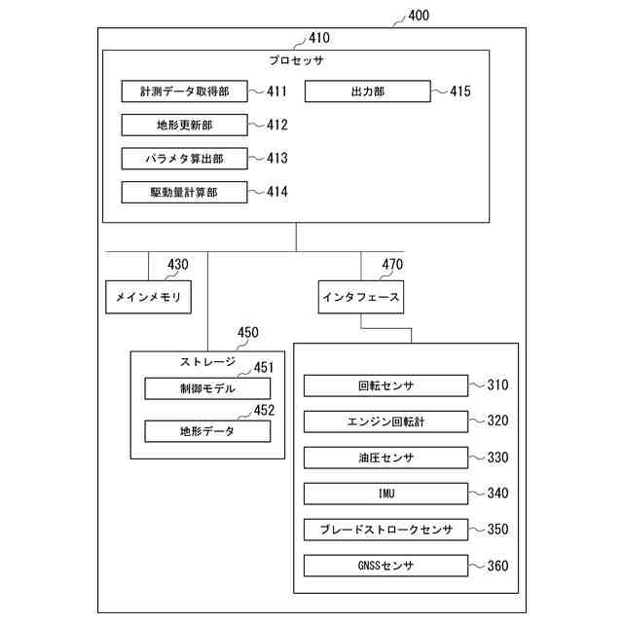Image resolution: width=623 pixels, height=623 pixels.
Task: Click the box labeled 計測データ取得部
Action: (184, 92)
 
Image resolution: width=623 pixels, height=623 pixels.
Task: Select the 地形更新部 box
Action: (184, 126)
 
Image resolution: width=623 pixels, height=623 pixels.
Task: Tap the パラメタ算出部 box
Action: (184, 159)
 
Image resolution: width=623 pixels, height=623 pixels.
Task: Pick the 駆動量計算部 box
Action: (184, 193)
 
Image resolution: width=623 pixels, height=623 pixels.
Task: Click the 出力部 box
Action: (368, 92)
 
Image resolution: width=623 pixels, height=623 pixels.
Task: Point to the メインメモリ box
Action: (148, 297)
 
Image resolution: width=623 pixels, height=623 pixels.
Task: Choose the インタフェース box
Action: (361, 297)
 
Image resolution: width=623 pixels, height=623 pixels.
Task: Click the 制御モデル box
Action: (207, 388)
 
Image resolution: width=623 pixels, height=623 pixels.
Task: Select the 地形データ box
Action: (207, 431)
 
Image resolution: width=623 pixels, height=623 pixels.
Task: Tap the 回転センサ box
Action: (385, 385)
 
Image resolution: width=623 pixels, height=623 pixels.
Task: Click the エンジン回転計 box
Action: (385, 421)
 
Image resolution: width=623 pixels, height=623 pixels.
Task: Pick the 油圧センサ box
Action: (385, 458)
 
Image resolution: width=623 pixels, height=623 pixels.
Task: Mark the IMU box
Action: (385, 494)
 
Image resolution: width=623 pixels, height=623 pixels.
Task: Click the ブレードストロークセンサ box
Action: (385, 530)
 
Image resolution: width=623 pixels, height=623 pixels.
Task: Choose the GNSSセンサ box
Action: (385, 566)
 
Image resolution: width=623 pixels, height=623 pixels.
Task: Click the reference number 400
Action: (419, 16)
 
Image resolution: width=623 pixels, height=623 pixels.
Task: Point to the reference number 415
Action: (460, 91)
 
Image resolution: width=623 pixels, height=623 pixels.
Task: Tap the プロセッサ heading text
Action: (296, 60)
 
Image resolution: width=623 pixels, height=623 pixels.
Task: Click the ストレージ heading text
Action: (207, 361)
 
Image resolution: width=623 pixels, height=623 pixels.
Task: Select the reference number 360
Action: (497, 566)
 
